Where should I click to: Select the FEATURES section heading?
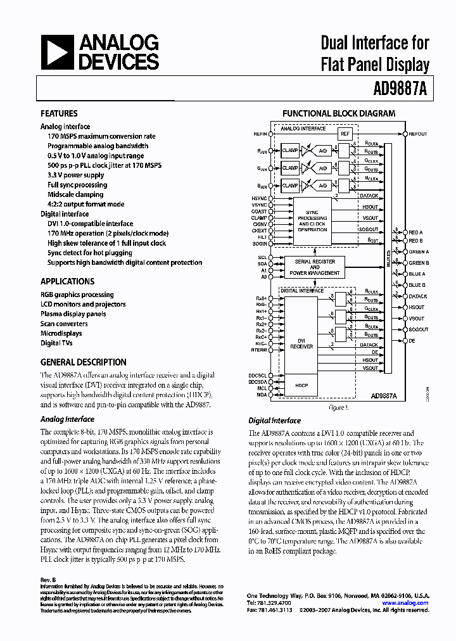click(x=59, y=114)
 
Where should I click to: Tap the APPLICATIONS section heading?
click(x=67, y=281)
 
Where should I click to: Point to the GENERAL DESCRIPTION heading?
click(x=83, y=362)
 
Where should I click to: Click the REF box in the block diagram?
click(x=345, y=134)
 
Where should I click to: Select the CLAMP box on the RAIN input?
click(x=290, y=151)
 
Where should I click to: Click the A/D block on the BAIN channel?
click(x=323, y=186)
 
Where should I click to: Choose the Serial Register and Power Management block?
click(x=314, y=267)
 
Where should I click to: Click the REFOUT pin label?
click(x=418, y=134)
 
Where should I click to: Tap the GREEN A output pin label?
click(x=419, y=252)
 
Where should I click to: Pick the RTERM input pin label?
click(x=258, y=349)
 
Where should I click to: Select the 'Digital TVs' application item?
click(x=56, y=343)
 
